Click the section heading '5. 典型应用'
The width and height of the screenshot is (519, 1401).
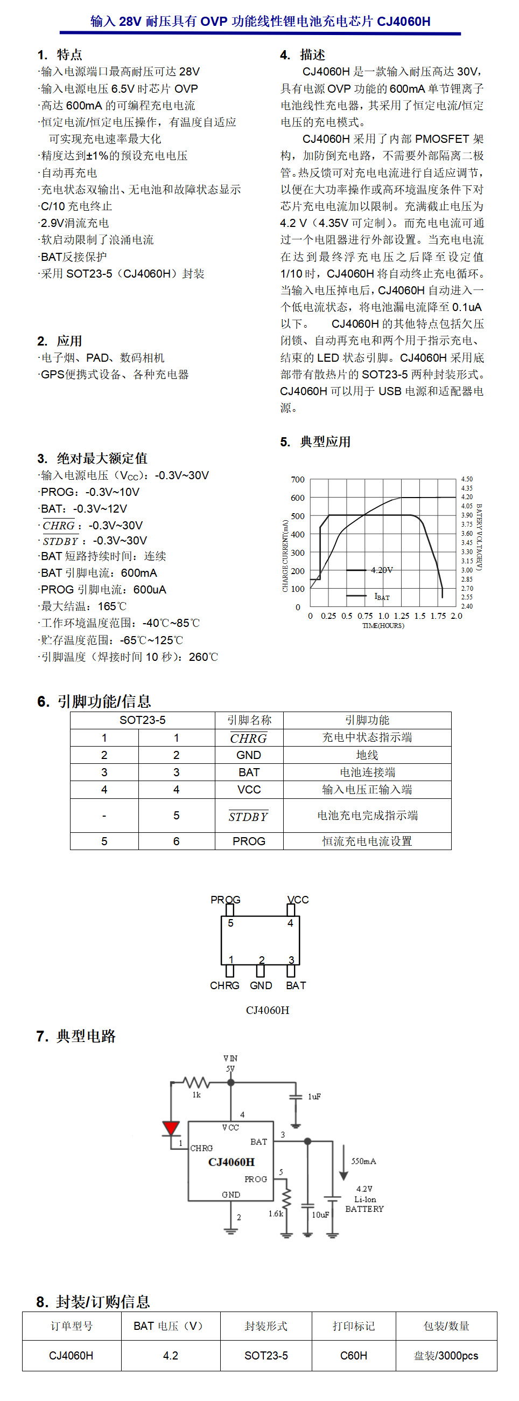tap(315, 441)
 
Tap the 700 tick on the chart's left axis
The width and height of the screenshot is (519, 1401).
tap(298, 480)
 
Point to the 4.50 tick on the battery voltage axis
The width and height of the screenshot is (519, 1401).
tap(467, 479)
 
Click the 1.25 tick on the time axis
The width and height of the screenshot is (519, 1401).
tap(401, 616)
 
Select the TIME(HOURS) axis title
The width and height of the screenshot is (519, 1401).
tap(383, 626)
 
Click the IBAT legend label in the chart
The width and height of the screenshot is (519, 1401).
tap(382, 597)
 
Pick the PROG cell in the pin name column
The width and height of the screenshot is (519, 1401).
tap(249, 841)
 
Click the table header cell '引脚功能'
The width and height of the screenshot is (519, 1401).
tap(367, 720)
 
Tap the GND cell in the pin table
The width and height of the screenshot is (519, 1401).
tap(249, 755)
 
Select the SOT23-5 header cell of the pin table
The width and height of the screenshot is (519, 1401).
tap(142, 720)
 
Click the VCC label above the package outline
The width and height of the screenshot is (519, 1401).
tap(298, 900)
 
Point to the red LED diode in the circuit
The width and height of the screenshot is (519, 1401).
tap(171, 1128)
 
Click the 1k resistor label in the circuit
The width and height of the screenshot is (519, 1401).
tap(197, 1095)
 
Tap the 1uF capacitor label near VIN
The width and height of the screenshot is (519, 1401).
tap(314, 1096)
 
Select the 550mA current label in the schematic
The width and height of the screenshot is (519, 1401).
tap(363, 1161)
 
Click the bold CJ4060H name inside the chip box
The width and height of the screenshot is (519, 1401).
tap(232, 1162)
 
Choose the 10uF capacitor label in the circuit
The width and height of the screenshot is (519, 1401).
tap(321, 1214)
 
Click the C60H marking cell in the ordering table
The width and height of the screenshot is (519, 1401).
tap(354, 1356)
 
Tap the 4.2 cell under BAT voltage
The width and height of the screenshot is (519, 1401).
tap(171, 1356)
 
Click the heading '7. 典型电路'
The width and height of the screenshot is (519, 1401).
tap(76, 1036)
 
